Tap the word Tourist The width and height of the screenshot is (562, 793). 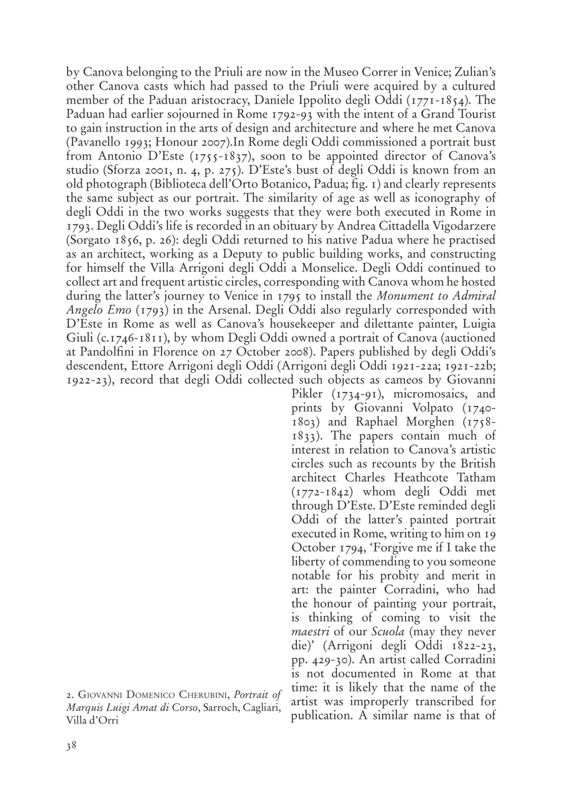coord(473,114)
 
